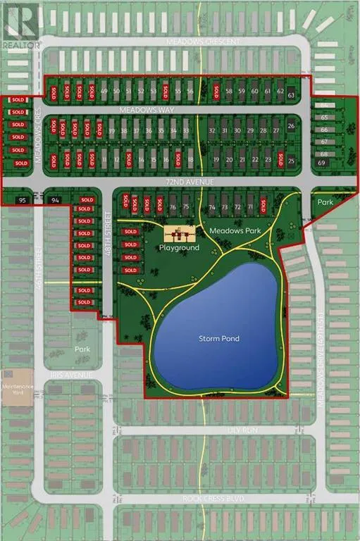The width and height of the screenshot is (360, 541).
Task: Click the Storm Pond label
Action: point(218,339)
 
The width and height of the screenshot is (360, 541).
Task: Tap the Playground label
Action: point(179,248)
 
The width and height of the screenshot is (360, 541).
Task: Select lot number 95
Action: point(22,201)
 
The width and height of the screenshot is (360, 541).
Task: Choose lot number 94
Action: point(56,201)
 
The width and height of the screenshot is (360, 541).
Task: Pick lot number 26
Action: point(292,126)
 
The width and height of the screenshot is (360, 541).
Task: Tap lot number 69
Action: point(322,163)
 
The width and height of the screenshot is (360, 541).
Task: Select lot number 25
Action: point(292,161)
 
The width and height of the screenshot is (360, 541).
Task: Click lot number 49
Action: point(104,92)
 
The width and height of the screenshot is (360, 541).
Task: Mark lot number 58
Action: point(229,92)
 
